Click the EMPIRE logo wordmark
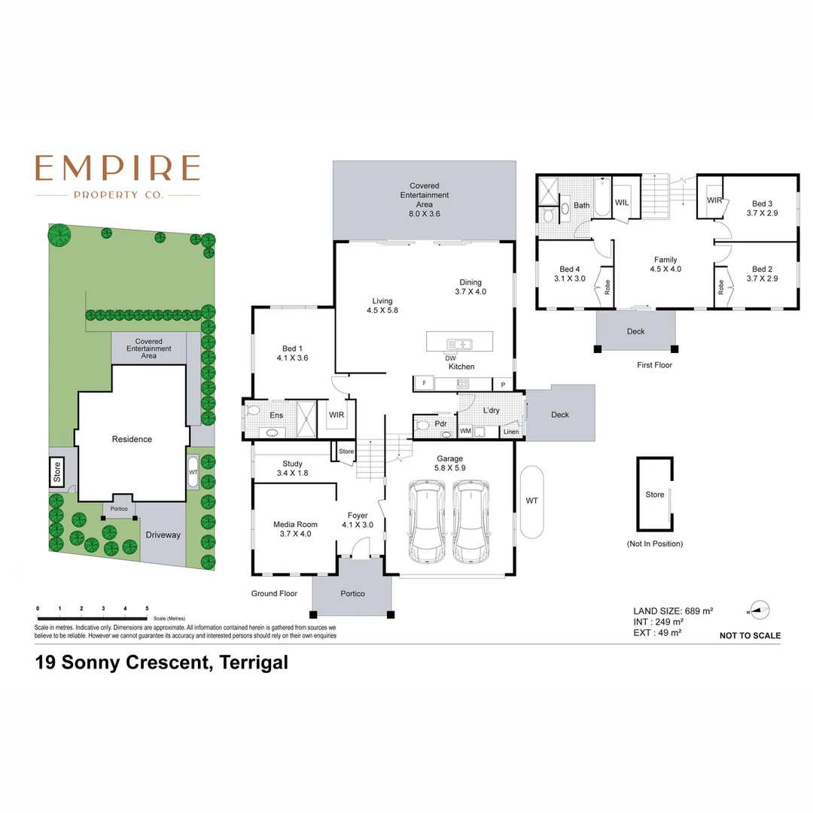pyautogui.click(x=117, y=168)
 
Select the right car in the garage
pyautogui.click(x=472, y=522)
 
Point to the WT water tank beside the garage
pyautogui.click(x=531, y=501)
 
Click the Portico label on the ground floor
pyautogui.click(x=352, y=593)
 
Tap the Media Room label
pyautogui.click(x=295, y=528)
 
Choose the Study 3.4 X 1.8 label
pyautogui.click(x=292, y=468)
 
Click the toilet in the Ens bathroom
pyautogui.click(x=253, y=412)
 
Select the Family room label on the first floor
pyautogui.click(x=665, y=264)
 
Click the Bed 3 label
pyautogui.click(x=762, y=209)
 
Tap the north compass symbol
pyautogui.click(x=760, y=611)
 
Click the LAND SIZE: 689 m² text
pyautogui.click(x=673, y=611)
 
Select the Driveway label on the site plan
pyautogui.click(x=163, y=535)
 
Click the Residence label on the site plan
pyautogui.click(x=132, y=439)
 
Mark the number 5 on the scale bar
pyautogui.click(x=147, y=607)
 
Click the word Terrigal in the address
pyautogui.click(x=253, y=663)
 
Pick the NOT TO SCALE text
pyautogui.click(x=750, y=636)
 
